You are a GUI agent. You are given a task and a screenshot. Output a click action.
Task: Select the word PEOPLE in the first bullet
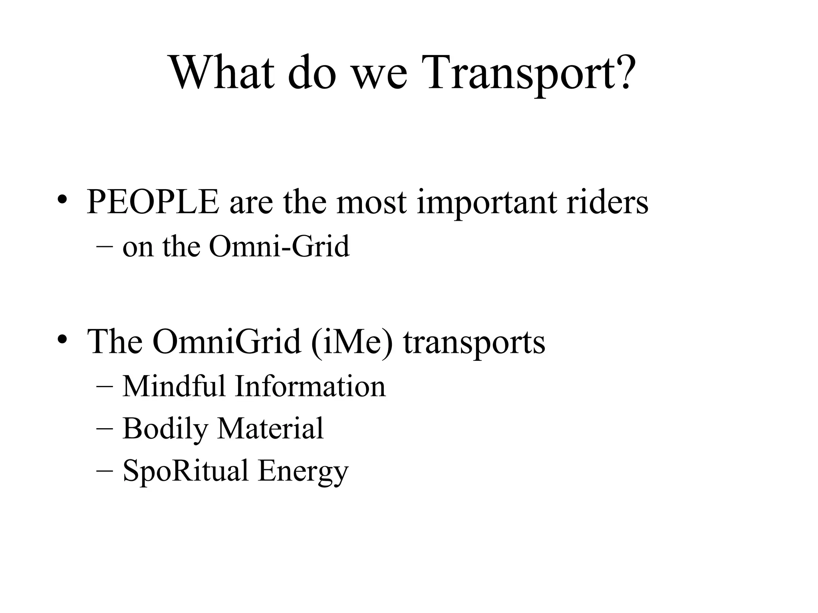(153, 202)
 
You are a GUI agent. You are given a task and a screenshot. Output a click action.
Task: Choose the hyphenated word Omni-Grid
(279, 246)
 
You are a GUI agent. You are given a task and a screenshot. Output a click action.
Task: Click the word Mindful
(174, 386)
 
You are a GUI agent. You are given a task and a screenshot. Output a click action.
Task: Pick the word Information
(310, 386)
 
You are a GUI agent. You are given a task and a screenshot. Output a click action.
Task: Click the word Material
(270, 428)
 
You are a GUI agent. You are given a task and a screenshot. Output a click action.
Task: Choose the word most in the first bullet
(371, 203)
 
